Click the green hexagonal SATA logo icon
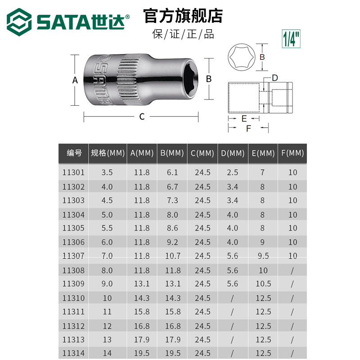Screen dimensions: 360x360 [19, 22]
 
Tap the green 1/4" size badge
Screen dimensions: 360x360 [291, 39]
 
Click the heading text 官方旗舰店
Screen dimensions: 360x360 [183, 16]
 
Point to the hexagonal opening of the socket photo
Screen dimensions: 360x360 [190, 78]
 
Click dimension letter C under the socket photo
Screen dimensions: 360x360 [142, 117]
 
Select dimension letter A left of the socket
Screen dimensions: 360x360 [75, 80]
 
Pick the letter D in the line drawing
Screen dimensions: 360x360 [275, 78]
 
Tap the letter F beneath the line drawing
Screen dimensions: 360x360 [248, 128]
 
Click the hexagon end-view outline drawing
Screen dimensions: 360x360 [242, 57]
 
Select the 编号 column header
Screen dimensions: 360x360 [74, 153]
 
